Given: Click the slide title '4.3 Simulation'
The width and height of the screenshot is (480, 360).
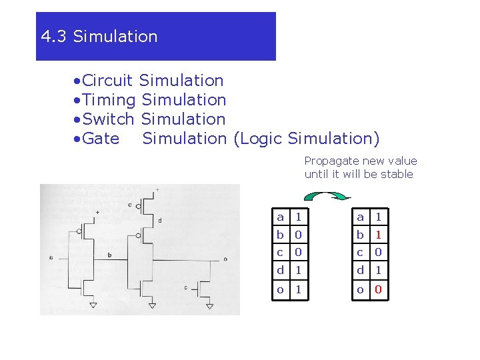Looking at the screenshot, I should click(99, 37).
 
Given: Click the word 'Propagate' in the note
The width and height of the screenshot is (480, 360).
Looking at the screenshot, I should click(328, 161).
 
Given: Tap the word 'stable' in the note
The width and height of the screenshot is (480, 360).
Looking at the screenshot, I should click(399, 175).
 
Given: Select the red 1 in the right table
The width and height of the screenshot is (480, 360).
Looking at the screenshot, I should click(377, 235).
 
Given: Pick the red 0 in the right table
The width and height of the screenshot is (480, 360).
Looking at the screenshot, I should click(377, 290).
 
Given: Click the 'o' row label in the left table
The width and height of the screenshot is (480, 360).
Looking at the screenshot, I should click(281, 290).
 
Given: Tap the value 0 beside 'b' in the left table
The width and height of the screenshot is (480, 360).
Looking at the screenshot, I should click(299, 235).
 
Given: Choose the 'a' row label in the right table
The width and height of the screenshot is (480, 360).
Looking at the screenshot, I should click(360, 217).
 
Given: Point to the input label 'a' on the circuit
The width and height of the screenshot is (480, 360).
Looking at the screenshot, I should click(51, 257).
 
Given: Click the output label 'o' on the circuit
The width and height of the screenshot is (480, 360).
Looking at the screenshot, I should click(225, 259).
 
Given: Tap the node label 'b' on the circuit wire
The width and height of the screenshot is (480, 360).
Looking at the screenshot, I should click(109, 254).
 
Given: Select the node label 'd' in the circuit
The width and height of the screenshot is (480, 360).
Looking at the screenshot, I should click(159, 220).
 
